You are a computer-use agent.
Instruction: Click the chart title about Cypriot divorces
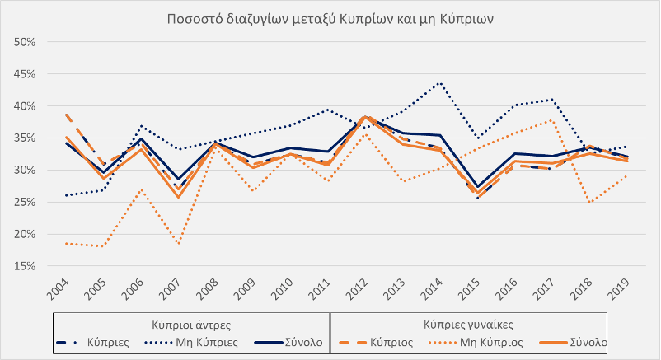click(x=330, y=19)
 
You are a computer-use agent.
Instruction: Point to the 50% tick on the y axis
click(x=25, y=42)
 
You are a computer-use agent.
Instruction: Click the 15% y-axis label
click(x=25, y=266)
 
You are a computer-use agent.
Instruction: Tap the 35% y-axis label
click(x=25, y=138)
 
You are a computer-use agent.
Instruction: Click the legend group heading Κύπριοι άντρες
click(x=190, y=325)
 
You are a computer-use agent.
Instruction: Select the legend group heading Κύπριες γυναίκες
click(x=469, y=325)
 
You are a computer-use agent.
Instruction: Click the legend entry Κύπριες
click(x=105, y=341)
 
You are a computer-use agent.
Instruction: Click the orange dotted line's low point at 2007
click(x=178, y=244)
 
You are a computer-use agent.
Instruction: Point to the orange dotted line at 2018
click(x=590, y=203)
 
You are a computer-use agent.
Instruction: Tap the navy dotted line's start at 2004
click(x=64, y=195)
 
